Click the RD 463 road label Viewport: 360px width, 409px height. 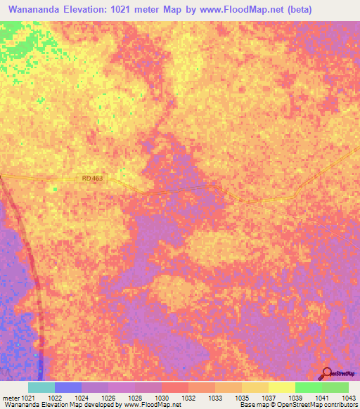pos(92,178)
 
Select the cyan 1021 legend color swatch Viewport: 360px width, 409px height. pos(41,387)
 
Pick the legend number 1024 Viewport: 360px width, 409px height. pos(82,398)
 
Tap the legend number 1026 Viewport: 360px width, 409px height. pos(109,398)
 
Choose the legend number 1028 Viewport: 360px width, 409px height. pos(136,398)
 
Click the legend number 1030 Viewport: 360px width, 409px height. pos(162,398)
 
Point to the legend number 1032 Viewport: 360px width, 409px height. pos(189,398)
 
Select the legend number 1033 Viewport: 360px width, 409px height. pos(216,398)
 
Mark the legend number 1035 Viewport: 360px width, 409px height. pos(243,398)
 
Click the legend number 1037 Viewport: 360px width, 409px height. pos(269,398)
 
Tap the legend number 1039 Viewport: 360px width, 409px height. pos(296,398)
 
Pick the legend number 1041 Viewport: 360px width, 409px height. pos(323,398)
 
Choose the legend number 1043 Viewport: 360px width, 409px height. pos(348,398)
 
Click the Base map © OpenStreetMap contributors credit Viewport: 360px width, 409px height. pos(299,405)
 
